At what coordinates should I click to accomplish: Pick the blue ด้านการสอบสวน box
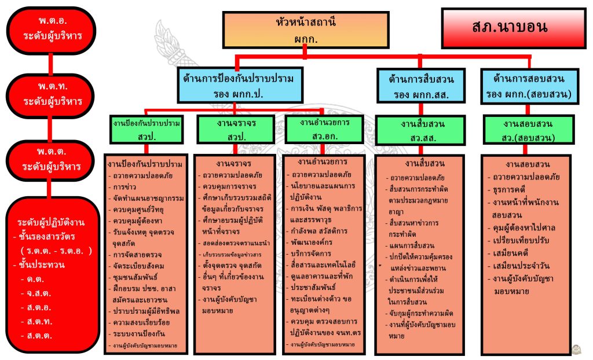[529, 85]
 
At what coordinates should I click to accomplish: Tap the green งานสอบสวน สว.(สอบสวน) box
[529, 130]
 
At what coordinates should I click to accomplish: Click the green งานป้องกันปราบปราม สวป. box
[148, 129]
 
